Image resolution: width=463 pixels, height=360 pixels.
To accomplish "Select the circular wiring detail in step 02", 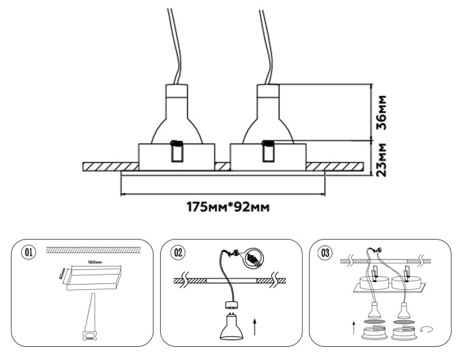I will [x=252, y=259].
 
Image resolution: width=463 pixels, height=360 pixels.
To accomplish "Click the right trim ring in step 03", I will [x=405, y=335].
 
